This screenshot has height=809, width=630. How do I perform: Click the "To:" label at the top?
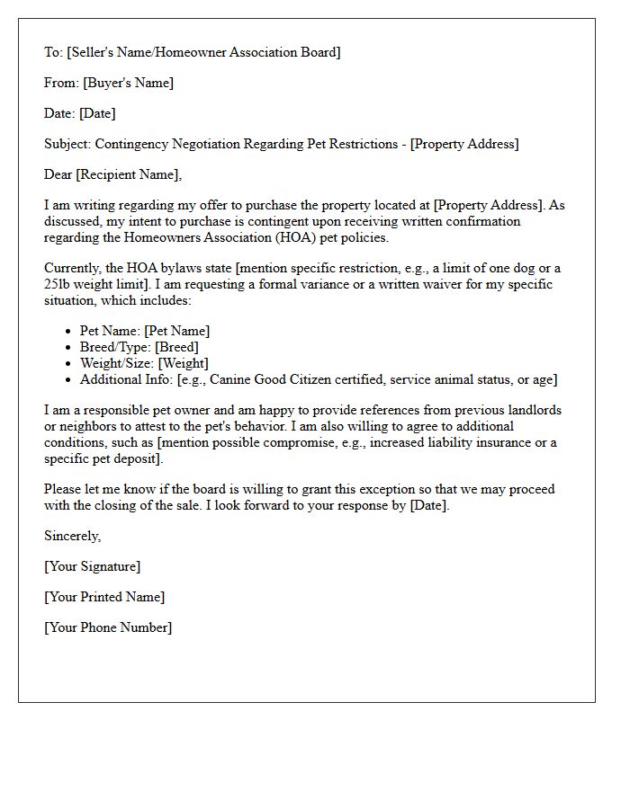click(53, 52)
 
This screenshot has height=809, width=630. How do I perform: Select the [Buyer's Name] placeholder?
click(127, 83)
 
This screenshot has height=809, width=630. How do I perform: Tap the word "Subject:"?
click(67, 144)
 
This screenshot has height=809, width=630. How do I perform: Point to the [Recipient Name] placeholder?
click(128, 174)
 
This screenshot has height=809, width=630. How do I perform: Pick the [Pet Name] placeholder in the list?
click(177, 331)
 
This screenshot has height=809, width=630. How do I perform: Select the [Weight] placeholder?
click(184, 363)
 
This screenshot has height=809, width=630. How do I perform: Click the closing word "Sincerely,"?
click(73, 536)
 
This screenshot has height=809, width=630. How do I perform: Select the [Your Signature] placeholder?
click(92, 566)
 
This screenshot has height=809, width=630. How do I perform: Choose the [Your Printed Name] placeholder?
click(104, 597)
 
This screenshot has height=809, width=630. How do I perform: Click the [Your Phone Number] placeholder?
click(108, 627)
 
